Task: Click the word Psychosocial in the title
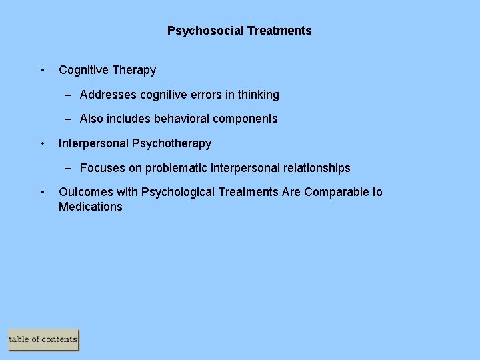pyautogui.click(x=205, y=31)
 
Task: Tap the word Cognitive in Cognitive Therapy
pyautogui.click(x=83, y=70)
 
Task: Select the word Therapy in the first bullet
pyautogui.click(x=134, y=70)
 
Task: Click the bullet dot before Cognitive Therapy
pyautogui.click(x=43, y=70)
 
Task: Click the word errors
pyautogui.click(x=203, y=95)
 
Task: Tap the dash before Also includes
pyautogui.click(x=69, y=119)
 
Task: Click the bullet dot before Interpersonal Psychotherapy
pyautogui.click(x=43, y=143)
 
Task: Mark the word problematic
pyautogui.click(x=175, y=168)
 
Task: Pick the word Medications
pyautogui.click(x=91, y=207)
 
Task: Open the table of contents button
pyautogui.click(x=43, y=339)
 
